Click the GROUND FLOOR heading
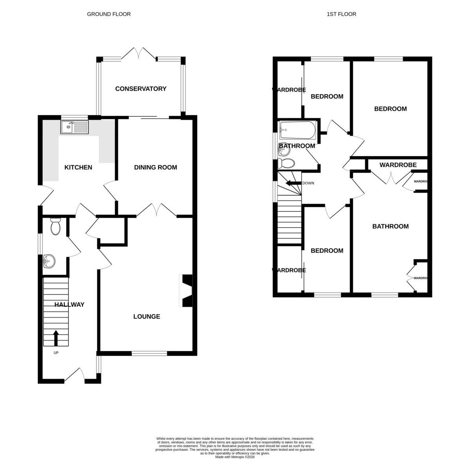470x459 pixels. coord(108,14)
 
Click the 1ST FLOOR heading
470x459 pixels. coord(341,14)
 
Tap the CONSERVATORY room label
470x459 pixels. coord(141,89)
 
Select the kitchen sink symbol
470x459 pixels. coord(75,127)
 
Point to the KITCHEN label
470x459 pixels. coord(78,167)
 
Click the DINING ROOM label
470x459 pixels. coord(155,167)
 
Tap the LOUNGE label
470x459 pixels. coord(146,316)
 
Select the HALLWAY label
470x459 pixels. coord(69,304)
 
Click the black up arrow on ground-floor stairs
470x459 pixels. coord(56,338)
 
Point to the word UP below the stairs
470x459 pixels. coord(56,353)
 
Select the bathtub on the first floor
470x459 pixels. coord(298,130)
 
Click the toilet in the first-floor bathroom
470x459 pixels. coord(286,163)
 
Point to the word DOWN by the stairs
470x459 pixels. coord(308,183)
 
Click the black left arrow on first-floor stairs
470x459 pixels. coord(293,183)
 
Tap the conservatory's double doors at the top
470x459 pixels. coord(139,54)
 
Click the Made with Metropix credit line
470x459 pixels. coord(235,457)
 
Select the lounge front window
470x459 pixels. coord(149,353)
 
